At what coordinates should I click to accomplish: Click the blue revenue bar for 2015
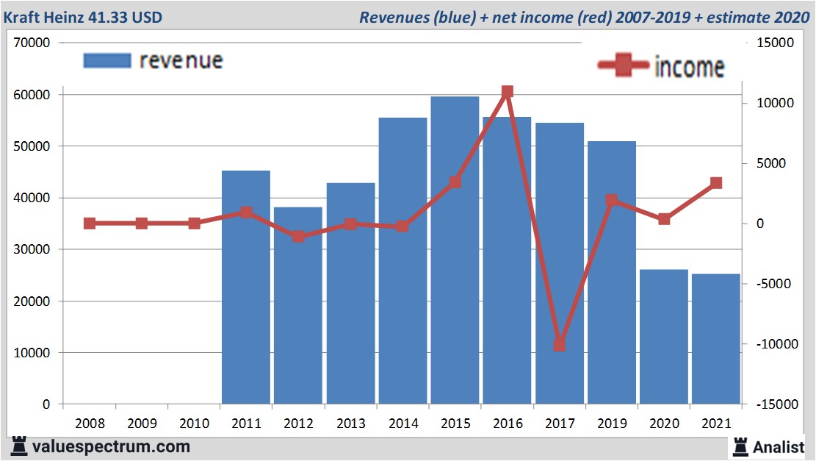click(455, 250)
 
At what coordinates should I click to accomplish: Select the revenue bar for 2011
click(246, 287)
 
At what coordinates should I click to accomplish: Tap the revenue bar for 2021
click(716, 338)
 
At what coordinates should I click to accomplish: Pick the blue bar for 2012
click(298, 305)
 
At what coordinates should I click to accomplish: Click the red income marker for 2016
click(508, 92)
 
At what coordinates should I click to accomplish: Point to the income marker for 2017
click(560, 344)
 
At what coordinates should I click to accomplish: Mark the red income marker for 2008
click(90, 224)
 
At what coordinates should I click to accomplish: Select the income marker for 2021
click(716, 183)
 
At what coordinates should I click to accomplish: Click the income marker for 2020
click(664, 219)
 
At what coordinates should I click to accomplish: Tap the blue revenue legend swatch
click(107, 60)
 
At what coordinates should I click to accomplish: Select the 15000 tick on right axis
click(776, 43)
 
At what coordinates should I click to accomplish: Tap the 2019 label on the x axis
click(612, 424)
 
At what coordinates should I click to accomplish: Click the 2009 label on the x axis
click(142, 424)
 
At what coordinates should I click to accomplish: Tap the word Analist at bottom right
click(779, 446)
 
